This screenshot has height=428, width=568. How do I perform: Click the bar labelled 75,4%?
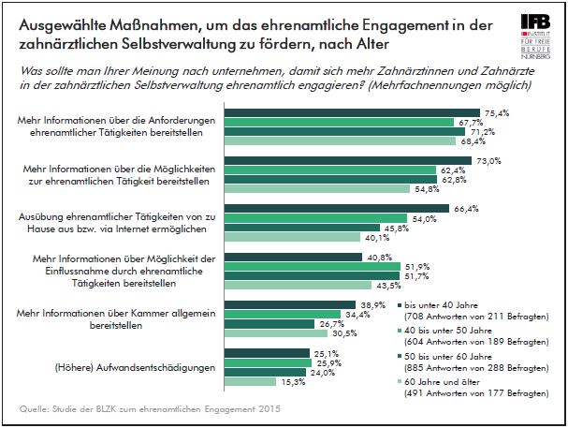click(354, 112)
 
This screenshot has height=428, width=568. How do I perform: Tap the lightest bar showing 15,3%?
click(252, 382)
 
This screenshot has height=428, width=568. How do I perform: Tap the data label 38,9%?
click(372, 305)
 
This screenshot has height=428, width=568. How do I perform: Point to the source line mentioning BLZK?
click(151, 410)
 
